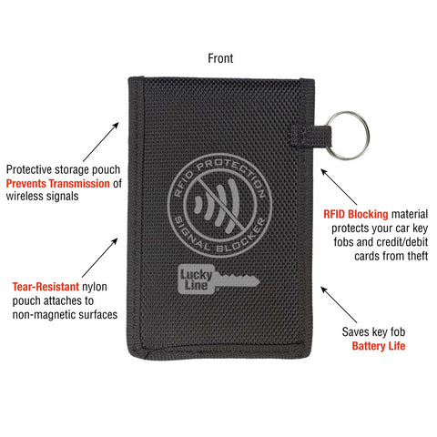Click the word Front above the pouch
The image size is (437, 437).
220,58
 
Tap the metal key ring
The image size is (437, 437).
368,136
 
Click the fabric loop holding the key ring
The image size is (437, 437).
310,135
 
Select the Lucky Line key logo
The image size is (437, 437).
218,279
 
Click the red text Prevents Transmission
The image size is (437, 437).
57,184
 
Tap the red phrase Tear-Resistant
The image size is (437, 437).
46,287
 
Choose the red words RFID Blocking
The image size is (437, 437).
356,214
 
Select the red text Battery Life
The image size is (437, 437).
379,346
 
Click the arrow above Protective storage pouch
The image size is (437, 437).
101,142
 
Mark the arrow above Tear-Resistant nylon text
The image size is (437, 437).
100,258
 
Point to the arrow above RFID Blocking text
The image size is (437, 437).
339,187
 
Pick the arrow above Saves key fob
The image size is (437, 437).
339,304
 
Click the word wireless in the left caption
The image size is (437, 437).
26,196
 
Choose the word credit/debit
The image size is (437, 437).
402,242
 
